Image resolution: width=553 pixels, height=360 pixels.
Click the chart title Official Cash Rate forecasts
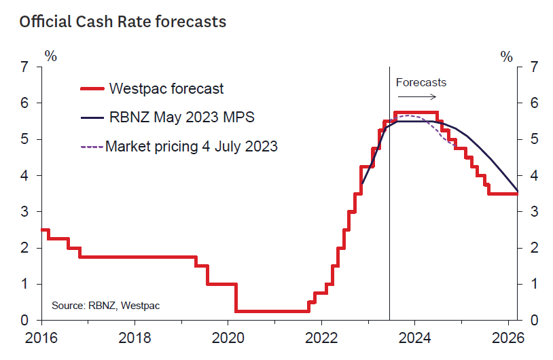(x=122, y=22)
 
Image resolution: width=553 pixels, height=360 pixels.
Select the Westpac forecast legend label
(x=166, y=88)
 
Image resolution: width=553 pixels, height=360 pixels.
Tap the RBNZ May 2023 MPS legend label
(x=181, y=117)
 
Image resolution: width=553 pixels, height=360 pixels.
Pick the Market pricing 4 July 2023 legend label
(x=192, y=145)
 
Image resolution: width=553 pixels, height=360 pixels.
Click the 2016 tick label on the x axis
(x=40, y=338)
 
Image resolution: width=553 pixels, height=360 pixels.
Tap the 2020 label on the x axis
(x=228, y=338)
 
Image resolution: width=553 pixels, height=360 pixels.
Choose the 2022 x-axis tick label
(x=321, y=338)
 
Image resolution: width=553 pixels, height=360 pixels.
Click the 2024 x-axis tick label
(x=414, y=338)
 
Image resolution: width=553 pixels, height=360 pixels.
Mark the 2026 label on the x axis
(x=507, y=338)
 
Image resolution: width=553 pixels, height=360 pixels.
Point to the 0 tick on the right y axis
(x=535, y=320)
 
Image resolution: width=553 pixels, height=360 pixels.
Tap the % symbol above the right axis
(x=507, y=56)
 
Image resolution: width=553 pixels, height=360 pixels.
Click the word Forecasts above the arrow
(x=421, y=82)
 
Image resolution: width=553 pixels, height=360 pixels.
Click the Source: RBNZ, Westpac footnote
(x=106, y=306)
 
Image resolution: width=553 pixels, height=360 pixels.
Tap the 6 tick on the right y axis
(x=535, y=103)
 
